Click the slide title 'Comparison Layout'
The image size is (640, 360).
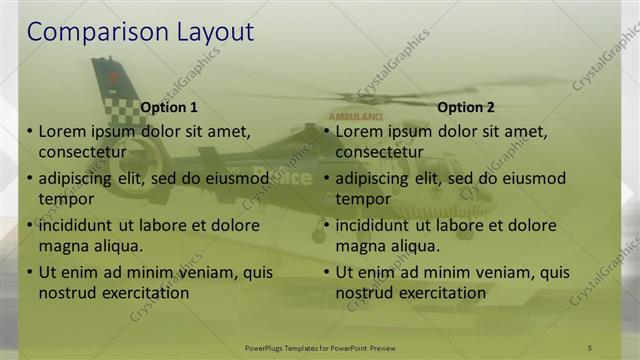tap(140, 32)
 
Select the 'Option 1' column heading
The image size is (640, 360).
tap(169, 106)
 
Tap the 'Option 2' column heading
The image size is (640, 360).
tap(466, 106)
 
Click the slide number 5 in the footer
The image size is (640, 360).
tap(590, 347)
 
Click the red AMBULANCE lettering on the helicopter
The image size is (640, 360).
tap(349, 116)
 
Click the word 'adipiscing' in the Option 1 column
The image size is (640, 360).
tap(78, 179)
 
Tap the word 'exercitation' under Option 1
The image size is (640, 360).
tap(141, 293)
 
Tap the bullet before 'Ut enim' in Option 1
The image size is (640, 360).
tap(30, 273)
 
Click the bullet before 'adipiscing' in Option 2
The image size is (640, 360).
tap(327, 179)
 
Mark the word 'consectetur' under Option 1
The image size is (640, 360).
tap(82, 152)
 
